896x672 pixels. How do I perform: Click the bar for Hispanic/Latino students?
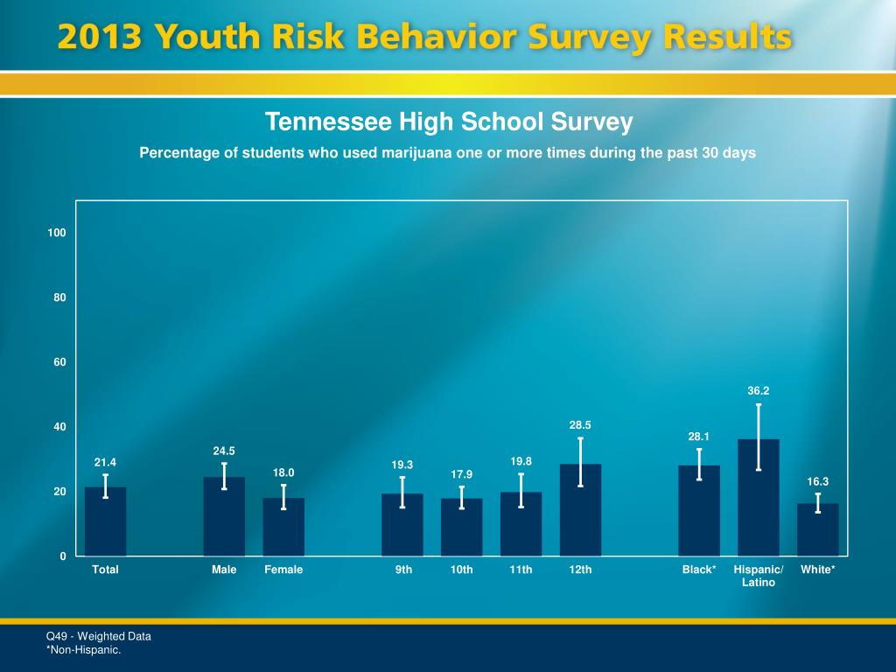(758, 499)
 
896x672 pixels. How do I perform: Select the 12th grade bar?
(580, 511)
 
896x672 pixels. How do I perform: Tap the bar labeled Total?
(105, 522)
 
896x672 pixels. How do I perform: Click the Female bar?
(283, 528)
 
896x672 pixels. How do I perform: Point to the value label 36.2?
(758, 391)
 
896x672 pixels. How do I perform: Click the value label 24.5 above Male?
(224, 451)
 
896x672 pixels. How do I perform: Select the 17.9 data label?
(461, 474)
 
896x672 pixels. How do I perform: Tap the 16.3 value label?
(817, 481)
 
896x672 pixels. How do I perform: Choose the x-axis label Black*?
(699, 570)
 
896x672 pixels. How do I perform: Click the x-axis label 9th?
(403, 570)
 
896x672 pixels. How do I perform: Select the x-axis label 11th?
(521, 570)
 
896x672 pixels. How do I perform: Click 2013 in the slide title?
(98, 38)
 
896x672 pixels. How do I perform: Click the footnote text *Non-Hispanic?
(83, 650)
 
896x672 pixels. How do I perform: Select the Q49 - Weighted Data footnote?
(98, 636)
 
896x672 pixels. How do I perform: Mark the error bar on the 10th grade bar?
(461, 497)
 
